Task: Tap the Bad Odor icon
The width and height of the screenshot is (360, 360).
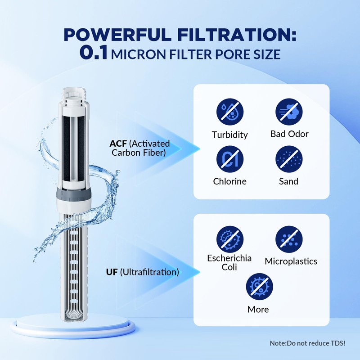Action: pos(289,112)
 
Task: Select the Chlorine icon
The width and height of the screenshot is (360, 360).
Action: pos(230,160)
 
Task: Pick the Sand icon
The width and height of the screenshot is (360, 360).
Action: pos(289,160)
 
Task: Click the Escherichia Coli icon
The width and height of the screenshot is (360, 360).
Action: pos(230,238)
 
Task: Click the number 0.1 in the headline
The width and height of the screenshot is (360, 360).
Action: pos(94,53)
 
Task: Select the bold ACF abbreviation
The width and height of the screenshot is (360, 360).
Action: pos(118,144)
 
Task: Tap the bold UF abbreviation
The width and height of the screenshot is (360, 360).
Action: pos(112,272)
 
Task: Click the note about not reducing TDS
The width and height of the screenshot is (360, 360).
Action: pos(307,343)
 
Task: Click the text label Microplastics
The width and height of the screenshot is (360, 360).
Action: pos(291,261)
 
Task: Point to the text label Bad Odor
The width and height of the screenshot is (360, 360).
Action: pos(289,134)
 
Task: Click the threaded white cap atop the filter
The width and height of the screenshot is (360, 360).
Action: pos(76,96)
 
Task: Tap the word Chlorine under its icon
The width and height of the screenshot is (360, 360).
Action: pos(230,181)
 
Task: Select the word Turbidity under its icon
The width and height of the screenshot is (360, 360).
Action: pos(230,135)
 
